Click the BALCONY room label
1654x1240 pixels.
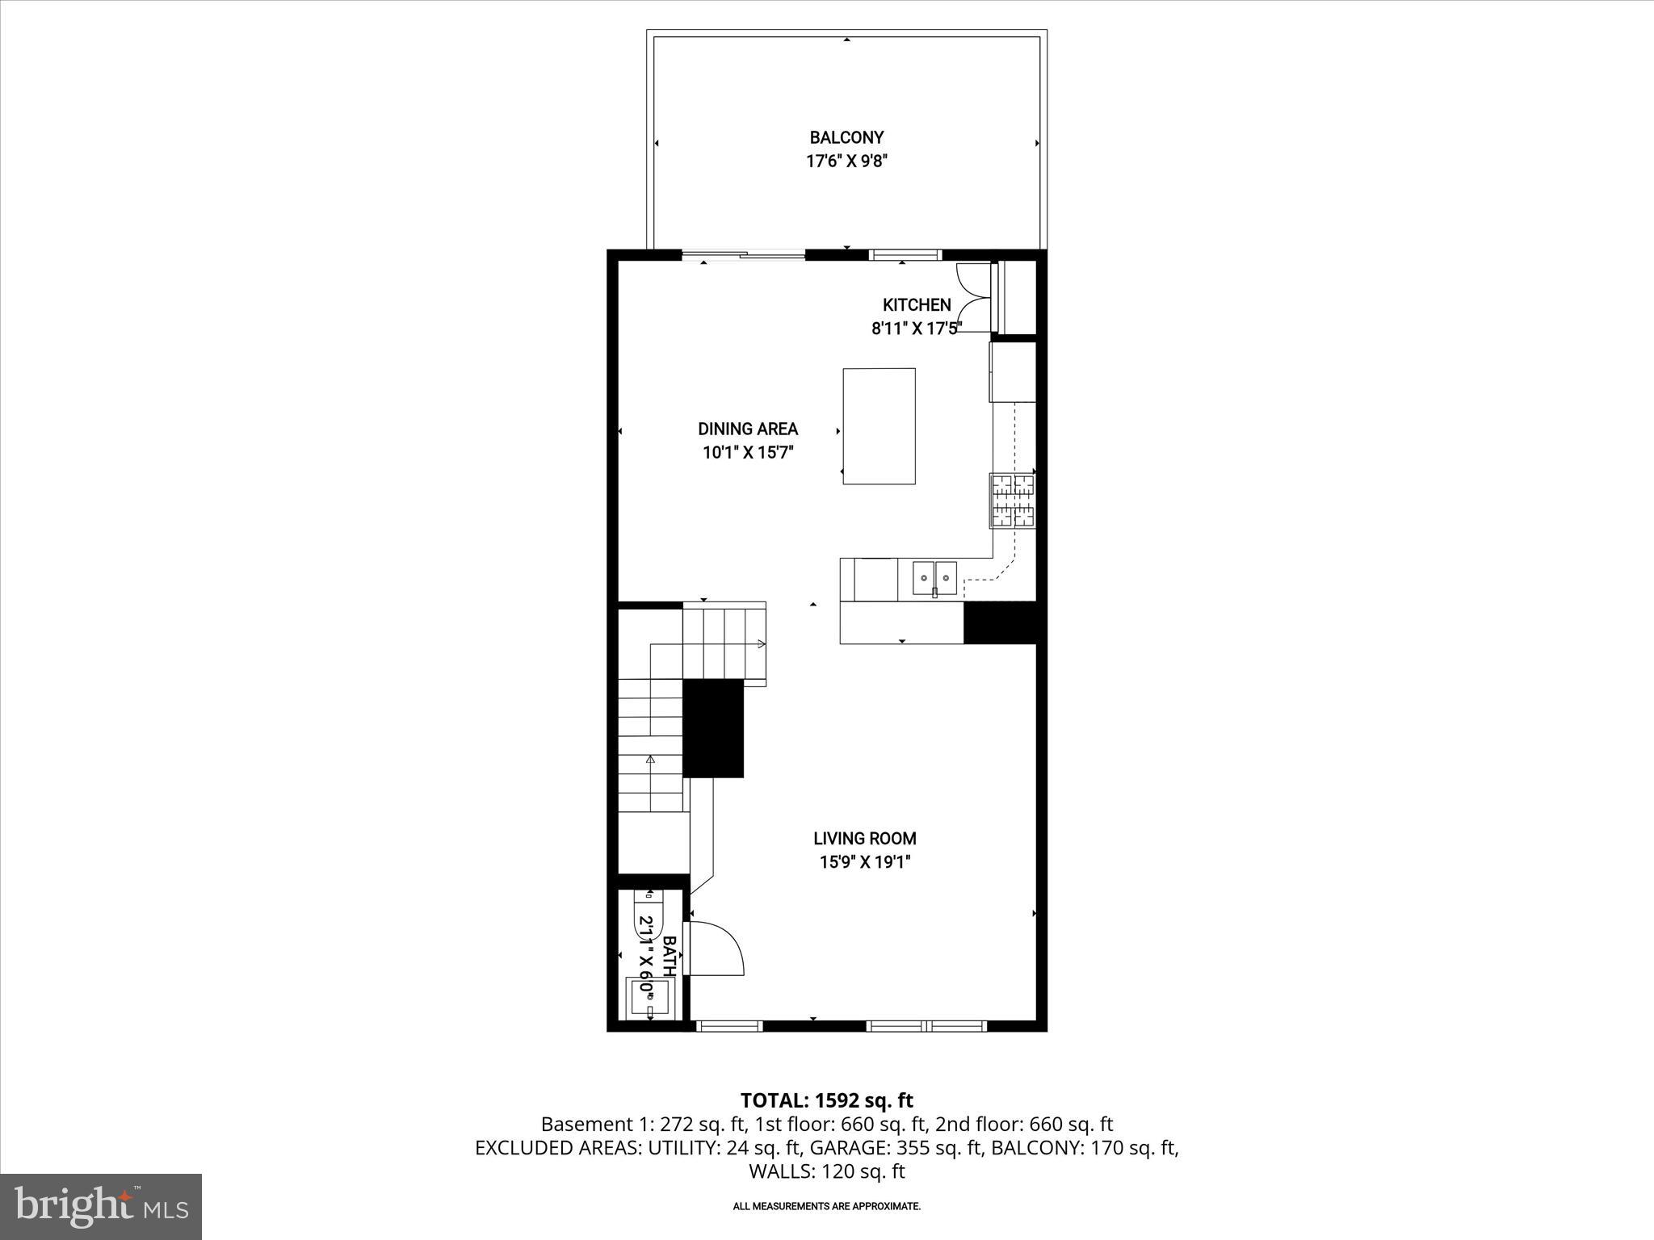[846, 137]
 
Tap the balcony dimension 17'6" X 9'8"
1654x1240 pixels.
[846, 161]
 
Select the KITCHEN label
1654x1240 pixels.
[916, 305]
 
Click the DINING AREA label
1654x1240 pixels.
[748, 429]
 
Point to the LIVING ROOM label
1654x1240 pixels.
[864, 838]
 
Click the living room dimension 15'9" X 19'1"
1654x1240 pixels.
[864, 862]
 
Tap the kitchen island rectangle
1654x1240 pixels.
[879, 426]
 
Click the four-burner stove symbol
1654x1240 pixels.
[1013, 501]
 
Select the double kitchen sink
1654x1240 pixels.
[934, 579]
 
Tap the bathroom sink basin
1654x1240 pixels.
[649, 997]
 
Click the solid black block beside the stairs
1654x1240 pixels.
[713, 728]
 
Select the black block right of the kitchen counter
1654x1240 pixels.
[1000, 622]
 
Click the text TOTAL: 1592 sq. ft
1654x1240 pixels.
[826, 1100]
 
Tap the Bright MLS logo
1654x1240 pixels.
[101, 1206]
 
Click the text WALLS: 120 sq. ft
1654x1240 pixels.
[826, 1171]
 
